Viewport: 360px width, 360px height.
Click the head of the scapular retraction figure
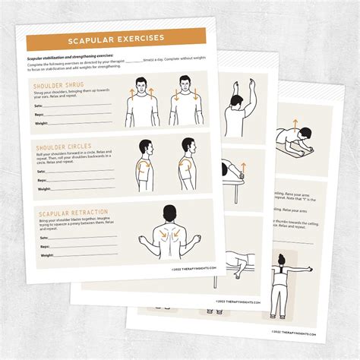[169, 215]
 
